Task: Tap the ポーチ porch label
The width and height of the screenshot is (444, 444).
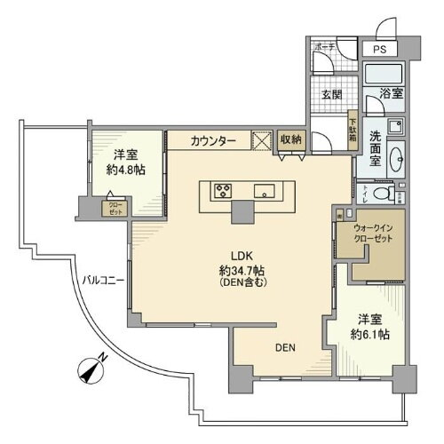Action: point(323,48)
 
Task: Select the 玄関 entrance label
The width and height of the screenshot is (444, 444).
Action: point(331,96)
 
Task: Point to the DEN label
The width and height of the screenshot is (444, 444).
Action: point(284,348)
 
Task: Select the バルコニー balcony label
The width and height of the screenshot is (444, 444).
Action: point(104,280)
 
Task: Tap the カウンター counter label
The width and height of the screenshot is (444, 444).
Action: point(213,141)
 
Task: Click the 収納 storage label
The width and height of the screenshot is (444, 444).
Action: point(290,139)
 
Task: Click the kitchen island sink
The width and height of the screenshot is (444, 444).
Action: point(264,190)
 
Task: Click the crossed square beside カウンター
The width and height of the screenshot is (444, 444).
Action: point(263,140)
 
